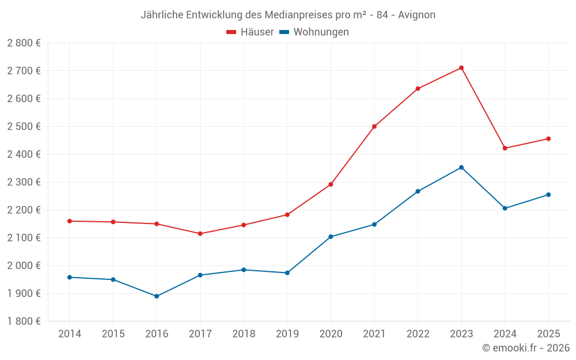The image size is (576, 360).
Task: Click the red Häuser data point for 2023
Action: (461, 68)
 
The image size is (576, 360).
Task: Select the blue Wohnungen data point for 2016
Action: (157, 296)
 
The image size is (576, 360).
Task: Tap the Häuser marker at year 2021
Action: (374, 126)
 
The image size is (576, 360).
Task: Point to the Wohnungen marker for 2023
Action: (461, 168)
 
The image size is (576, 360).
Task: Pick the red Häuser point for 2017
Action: (200, 234)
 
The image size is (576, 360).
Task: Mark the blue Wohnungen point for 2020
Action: (331, 237)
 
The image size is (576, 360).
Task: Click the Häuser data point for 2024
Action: (505, 148)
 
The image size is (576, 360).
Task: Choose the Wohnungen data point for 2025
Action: (548, 195)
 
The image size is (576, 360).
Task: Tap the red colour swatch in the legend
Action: (232, 32)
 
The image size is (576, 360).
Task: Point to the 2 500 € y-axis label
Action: (24, 126)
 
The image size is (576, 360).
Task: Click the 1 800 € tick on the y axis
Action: (24, 321)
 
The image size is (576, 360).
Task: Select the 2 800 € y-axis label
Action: (24, 43)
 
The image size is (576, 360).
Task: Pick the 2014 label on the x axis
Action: (70, 334)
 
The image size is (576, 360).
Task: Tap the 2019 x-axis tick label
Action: (287, 334)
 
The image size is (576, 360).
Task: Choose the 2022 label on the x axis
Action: (418, 334)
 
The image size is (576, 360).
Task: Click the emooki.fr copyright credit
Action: (525, 348)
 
